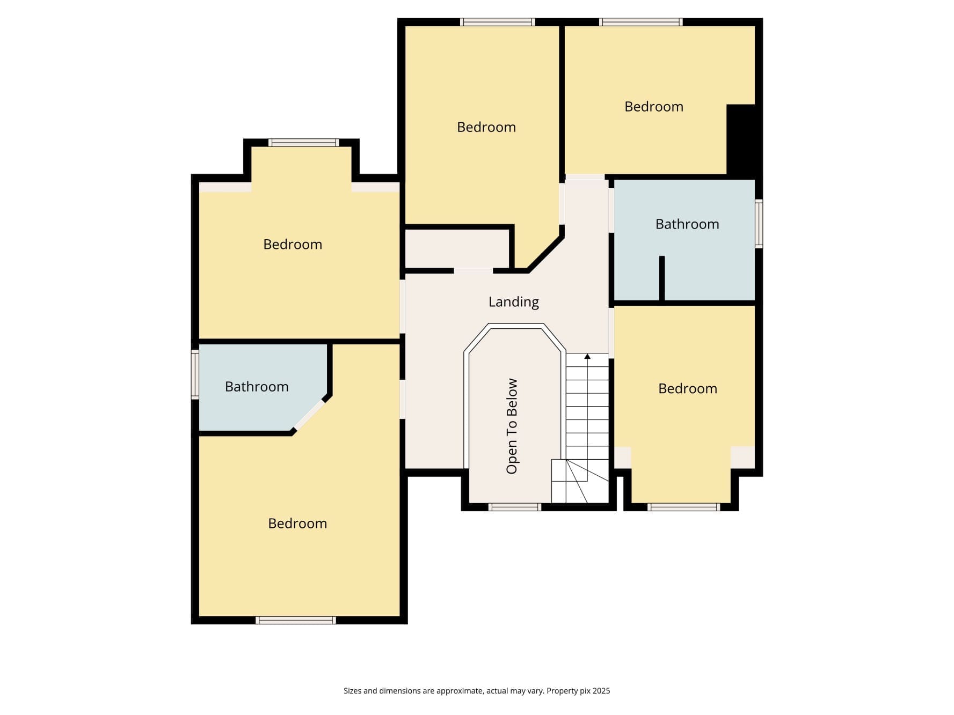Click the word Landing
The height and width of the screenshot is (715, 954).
tap(513, 303)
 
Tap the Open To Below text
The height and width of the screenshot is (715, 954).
tap(512, 426)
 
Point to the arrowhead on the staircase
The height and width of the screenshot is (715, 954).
tap(587, 356)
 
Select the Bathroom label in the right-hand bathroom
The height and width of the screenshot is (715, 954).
tap(687, 224)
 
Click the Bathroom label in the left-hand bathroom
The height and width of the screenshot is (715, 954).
tap(257, 386)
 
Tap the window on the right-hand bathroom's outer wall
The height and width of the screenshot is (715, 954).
tap(759, 224)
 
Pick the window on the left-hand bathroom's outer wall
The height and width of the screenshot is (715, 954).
tap(195, 374)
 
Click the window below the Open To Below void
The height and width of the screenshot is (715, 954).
tap(514, 507)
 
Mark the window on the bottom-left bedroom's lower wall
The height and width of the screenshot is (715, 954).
tap(296, 620)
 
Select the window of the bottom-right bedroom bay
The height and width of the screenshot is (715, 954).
tap(683, 507)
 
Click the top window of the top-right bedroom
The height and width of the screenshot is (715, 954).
tap(641, 22)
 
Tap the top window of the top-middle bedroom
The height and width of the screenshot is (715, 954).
tap(498, 22)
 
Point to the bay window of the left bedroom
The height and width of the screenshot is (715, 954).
tap(304, 143)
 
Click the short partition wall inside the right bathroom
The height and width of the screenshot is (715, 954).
tap(662, 278)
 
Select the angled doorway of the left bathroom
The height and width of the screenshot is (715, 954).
tap(310, 414)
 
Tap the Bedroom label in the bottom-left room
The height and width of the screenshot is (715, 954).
tap(297, 524)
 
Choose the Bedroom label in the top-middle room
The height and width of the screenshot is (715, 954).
tap(486, 127)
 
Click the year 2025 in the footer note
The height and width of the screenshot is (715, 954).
tap(601, 691)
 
